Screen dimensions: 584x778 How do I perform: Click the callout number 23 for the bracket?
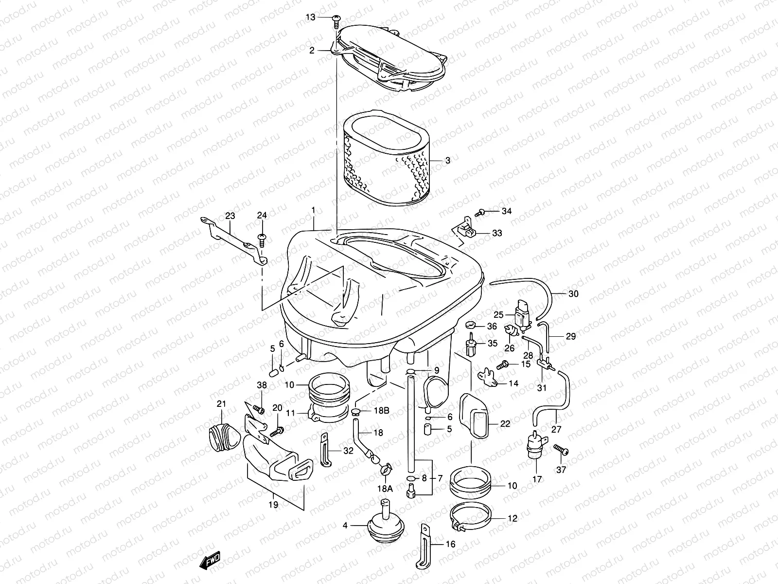coord(230,216)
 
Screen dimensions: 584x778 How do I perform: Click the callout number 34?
coord(507,211)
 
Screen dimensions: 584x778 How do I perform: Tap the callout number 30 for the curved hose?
coord(573,294)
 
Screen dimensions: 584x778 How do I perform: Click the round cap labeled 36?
coord(470,326)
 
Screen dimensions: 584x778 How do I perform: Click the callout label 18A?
coord(384,488)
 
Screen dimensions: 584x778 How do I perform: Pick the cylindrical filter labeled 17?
coord(536,445)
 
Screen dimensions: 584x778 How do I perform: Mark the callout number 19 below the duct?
coord(274,505)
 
